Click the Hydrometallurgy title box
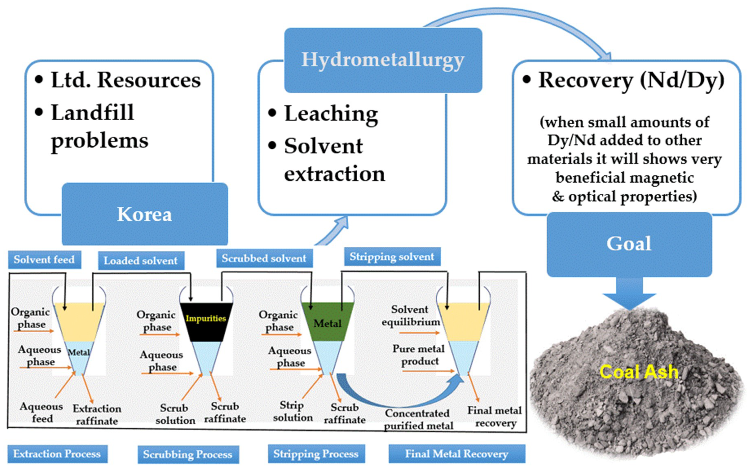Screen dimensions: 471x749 [383, 60]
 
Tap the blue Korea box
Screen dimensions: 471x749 [145, 214]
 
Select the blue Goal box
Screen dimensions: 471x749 [629, 244]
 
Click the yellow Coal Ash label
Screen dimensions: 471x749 [639, 372]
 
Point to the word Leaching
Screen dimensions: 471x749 [331, 114]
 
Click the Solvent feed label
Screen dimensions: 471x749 [44, 259]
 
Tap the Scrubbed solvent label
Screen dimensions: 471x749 [264, 258]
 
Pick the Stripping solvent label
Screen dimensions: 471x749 [392, 257]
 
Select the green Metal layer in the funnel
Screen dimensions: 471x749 [328, 322]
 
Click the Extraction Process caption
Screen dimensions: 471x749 [57, 454]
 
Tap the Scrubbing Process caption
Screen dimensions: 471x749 [188, 454]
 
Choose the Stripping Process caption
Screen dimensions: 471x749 [316, 454]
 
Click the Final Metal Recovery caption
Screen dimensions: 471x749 [457, 454]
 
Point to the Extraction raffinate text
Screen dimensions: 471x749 [97, 415]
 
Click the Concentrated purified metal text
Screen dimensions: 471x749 [418, 419]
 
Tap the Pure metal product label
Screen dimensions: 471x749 [419, 355]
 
